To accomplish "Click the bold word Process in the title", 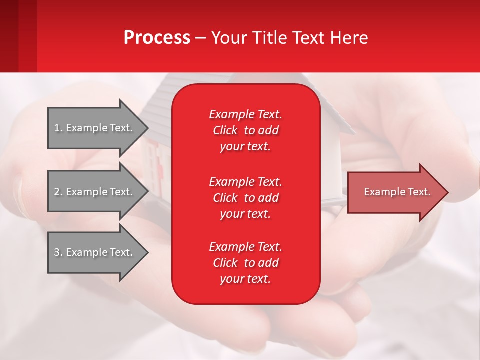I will pos(157,38).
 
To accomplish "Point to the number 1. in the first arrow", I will pos(58,128).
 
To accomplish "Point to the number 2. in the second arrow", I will pos(58,192).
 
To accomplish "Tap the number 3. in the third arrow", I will pos(58,252).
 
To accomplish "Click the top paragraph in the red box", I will pos(245,130).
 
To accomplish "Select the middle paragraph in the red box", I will pos(245,198).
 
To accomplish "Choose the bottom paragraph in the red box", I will pos(245,263).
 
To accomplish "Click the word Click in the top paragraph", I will pos(225,130).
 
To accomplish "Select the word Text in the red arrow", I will pos(419,192).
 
